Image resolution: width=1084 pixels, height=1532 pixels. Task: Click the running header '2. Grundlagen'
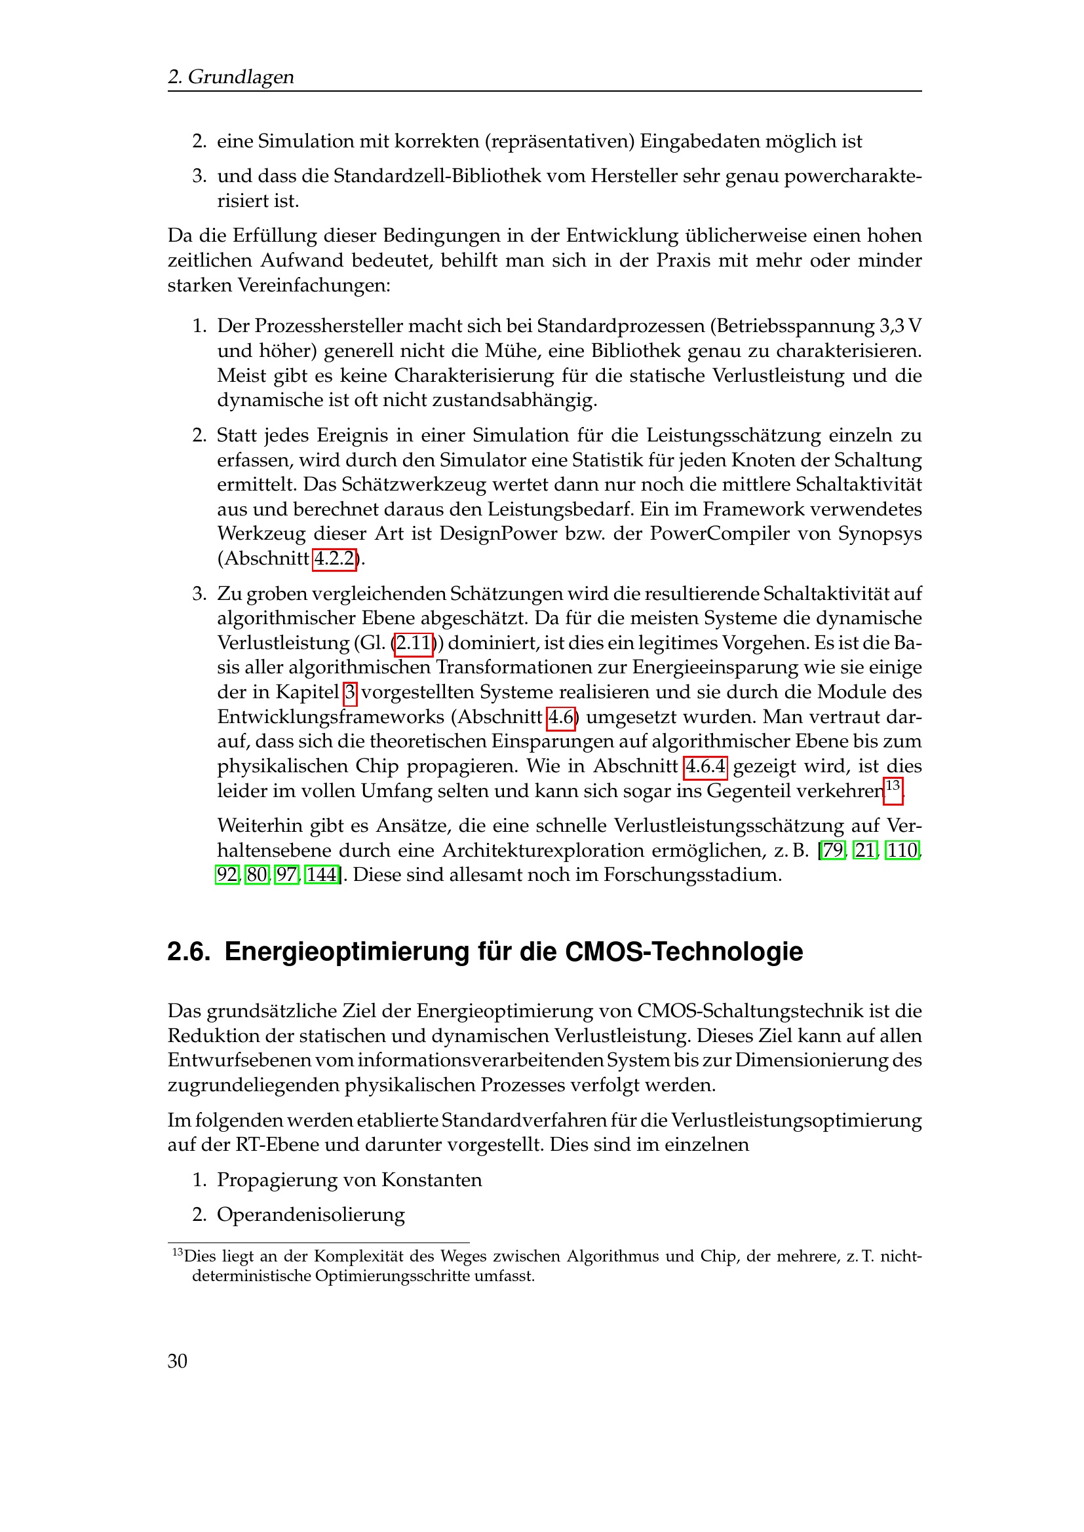tap(230, 77)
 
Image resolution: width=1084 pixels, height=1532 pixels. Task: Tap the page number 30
tap(178, 1360)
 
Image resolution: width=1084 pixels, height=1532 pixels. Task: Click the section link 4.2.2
tap(334, 559)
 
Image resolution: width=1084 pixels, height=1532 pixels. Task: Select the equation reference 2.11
tap(413, 643)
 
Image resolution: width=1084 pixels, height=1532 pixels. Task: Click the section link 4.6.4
tap(706, 766)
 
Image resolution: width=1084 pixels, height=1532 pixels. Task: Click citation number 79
tap(833, 850)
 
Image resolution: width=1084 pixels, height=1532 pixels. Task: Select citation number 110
tap(902, 850)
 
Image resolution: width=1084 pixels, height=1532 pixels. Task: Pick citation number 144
tap(322, 875)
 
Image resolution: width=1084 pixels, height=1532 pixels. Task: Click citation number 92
tap(227, 875)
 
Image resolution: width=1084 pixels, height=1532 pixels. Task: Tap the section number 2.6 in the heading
tap(188, 952)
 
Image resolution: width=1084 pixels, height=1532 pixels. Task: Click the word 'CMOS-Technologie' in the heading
tap(684, 952)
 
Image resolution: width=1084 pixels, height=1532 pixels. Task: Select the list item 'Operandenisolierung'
tap(311, 1215)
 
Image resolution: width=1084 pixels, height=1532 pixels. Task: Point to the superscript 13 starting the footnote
tap(178, 1252)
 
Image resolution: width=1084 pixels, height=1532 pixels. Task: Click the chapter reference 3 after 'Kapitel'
tap(351, 692)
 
